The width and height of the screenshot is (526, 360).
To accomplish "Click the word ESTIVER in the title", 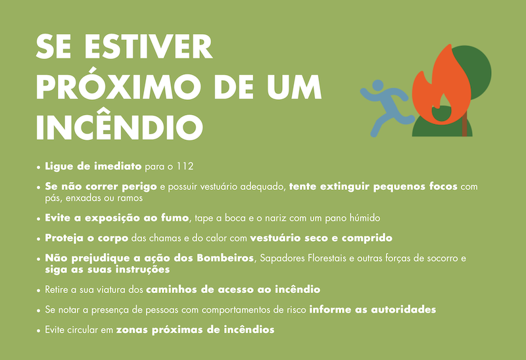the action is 149,47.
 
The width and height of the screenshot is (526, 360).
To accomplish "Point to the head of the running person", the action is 377,85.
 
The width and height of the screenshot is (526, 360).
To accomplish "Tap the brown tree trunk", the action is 465,124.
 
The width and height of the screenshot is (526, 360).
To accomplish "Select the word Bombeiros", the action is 225,258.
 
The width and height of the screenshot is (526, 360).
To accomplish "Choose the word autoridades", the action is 403,309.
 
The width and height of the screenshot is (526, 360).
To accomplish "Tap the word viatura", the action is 112,290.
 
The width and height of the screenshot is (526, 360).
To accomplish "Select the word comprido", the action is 367,238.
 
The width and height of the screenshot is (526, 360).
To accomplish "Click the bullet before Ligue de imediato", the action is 39,167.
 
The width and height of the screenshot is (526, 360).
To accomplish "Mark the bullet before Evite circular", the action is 39,330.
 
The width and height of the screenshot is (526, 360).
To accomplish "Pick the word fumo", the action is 175,218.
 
